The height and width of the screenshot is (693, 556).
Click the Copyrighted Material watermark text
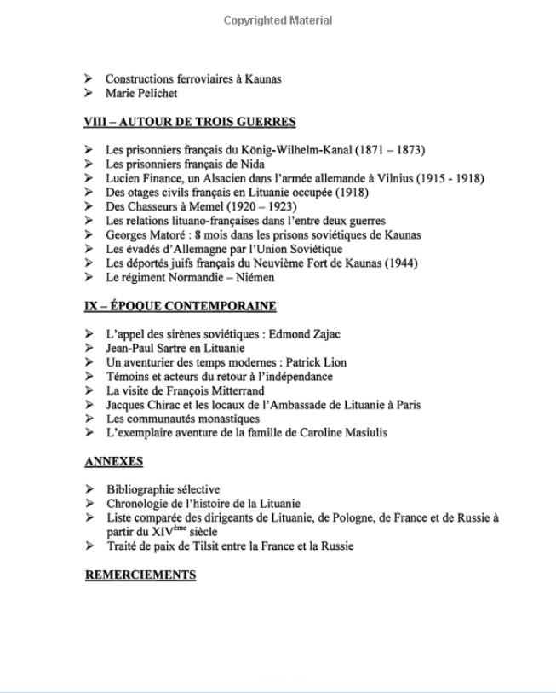pyautogui.click(x=278, y=20)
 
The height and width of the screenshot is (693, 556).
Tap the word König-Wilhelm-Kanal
pyautogui.click(x=282, y=150)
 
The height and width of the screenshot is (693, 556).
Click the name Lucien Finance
pyautogui.click(x=143, y=178)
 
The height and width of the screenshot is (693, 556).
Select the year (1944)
pyautogui.click(x=401, y=263)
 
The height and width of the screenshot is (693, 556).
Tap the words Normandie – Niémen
pyautogui.click(x=230, y=277)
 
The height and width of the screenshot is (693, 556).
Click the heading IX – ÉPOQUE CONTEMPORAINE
pyautogui.click(x=181, y=306)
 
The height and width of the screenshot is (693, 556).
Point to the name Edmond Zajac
pyautogui.click(x=313, y=334)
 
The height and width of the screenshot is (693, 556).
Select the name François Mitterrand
pyautogui.click(x=229, y=390)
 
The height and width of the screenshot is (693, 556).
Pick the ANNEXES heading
pyautogui.click(x=114, y=462)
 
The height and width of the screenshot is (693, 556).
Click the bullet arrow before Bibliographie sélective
pyautogui.click(x=89, y=489)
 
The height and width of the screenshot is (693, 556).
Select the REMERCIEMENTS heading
pyautogui.click(x=140, y=575)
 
